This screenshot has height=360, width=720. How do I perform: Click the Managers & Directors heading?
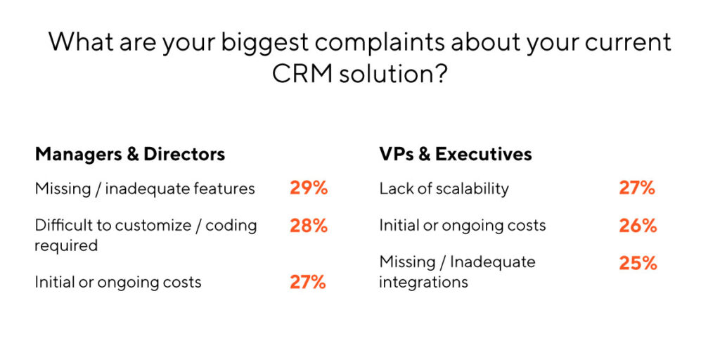(x=130, y=154)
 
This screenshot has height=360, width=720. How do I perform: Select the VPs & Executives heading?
(x=456, y=154)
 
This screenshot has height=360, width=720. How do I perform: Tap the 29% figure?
(x=309, y=188)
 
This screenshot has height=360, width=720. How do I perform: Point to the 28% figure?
(x=309, y=226)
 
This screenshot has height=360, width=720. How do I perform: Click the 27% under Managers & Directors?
(x=308, y=283)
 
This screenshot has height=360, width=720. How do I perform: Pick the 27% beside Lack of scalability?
(x=637, y=188)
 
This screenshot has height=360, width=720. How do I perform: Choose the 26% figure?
(x=638, y=226)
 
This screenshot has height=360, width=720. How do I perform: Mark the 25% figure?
(x=638, y=263)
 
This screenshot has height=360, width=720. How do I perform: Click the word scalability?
(x=470, y=188)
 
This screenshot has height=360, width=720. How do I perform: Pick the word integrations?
(x=423, y=282)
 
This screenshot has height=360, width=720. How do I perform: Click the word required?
(x=66, y=245)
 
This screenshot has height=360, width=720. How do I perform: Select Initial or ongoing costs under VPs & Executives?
(x=462, y=226)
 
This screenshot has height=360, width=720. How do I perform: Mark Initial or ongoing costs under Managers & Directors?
(x=118, y=283)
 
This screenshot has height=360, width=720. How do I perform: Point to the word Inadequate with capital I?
(x=492, y=263)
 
